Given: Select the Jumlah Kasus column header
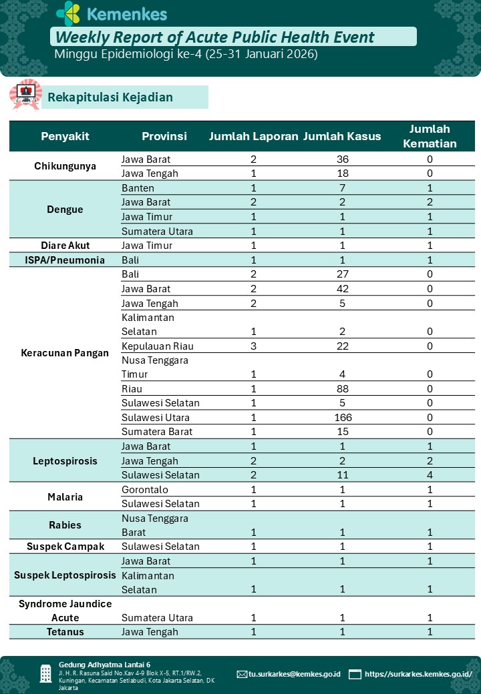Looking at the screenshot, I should coord(342,136).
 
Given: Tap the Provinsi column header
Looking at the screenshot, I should coord(164,136).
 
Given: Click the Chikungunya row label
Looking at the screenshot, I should coord(65,166).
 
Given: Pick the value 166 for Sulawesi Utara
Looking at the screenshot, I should coord(343,418).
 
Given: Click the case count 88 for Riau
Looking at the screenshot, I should coord(343,389).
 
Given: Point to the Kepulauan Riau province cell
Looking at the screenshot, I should coord(155,346).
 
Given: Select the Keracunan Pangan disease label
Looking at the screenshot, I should coord(65,353).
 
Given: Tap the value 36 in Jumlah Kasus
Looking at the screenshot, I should coord(343,159).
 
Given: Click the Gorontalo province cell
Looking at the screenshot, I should coord(144,490).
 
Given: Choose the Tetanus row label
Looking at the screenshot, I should coord(65,632).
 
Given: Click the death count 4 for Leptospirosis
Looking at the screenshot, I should coord(430,475).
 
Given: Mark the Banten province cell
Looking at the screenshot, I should coord(138,188).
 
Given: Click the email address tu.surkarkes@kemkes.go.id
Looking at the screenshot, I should coord(294,674).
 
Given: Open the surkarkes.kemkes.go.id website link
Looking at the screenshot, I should coord(418,674).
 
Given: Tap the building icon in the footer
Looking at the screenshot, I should coord(45,673).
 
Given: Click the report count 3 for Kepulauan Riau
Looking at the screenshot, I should coord(253,346).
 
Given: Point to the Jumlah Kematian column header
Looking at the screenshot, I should coord(430,136).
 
